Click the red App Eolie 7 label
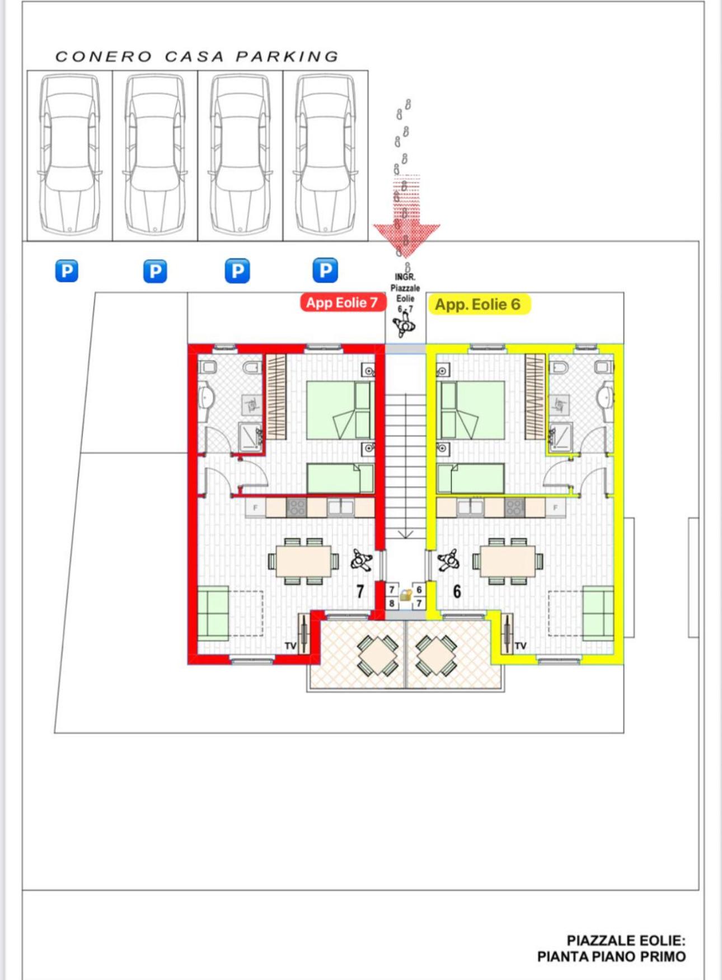click(x=342, y=303)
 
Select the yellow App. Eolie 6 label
click(x=477, y=305)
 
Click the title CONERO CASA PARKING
click(x=197, y=57)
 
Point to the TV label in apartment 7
click(x=290, y=646)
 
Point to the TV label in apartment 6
click(x=521, y=646)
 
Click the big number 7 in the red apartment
click(x=360, y=591)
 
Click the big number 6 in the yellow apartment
click(x=457, y=591)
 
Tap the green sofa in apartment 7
click(x=213, y=613)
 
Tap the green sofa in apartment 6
click(x=598, y=613)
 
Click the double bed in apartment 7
click(x=338, y=410)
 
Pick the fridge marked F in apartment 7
click(x=256, y=508)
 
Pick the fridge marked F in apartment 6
click(x=555, y=508)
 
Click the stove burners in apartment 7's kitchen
click(x=296, y=508)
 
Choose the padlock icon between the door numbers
click(x=406, y=596)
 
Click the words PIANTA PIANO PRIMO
click(x=611, y=957)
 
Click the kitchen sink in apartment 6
click(x=470, y=507)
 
